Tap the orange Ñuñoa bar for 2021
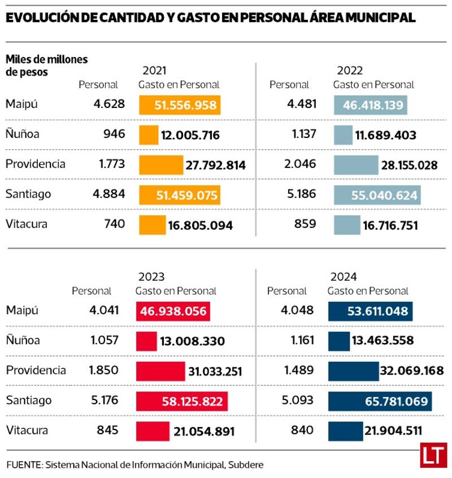coord(149,135)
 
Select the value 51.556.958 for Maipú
coord(180,106)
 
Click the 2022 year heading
coord(350,71)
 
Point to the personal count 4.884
coord(108,194)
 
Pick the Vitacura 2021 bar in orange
coord(152,225)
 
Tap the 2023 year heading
coord(151,277)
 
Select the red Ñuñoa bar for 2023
coord(146,341)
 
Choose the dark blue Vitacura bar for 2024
coord(345,431)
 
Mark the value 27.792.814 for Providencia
coord(215,165)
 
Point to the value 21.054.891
coord(204,432)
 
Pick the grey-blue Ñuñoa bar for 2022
coord(342,135)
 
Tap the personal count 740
coord(114,224)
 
